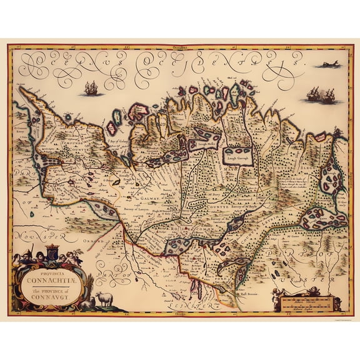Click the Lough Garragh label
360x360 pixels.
click(x=237, y=159)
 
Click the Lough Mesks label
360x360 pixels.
click(x=206, y=143)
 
